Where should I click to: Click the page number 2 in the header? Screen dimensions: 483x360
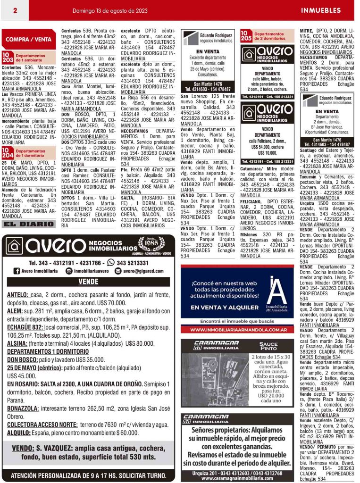point(15,10)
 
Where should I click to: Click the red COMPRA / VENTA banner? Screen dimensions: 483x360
point(29,39)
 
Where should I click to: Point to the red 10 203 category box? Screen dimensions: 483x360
point(8,58)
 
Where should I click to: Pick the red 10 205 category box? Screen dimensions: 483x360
point(246,35)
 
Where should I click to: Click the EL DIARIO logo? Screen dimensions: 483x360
point(28,225)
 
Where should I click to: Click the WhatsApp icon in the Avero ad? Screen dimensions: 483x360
point(111,263)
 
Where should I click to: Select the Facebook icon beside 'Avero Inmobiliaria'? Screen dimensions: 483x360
point(17,271)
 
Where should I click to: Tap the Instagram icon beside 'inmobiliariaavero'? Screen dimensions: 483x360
point(69,271)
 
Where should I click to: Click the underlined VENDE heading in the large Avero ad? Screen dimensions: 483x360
point(88,282)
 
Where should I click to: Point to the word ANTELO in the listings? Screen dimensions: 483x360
point(17,295)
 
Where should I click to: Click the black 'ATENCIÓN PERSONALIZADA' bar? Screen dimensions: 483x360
point(88,475)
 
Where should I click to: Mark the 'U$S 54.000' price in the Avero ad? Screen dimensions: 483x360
point(267,147)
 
